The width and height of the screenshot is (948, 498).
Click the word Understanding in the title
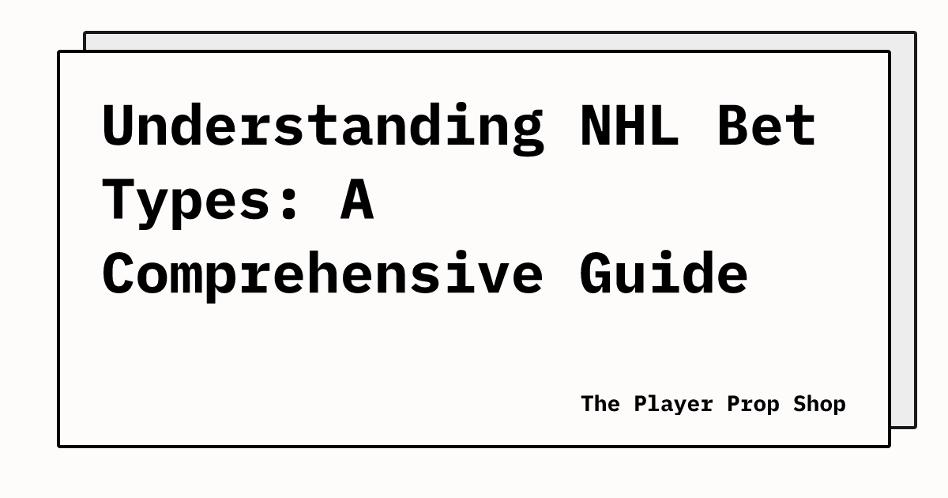click(x=323, y=126)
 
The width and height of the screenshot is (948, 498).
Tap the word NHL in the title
click(x=630, y=126)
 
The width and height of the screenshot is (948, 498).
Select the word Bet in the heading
click(x=766, y=126)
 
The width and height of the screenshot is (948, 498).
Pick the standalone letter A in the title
click(x=357, y=199)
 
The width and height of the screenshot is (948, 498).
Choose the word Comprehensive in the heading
click(x=323, y=274)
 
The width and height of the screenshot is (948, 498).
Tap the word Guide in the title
click(x=664, y=272)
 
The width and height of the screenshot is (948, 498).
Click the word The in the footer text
click(x=600, y=404)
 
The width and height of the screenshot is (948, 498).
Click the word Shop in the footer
click(x=820, y=405)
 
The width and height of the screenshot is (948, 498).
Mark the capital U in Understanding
click(x=120, y=126)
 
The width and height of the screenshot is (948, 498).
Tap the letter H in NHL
click(x=630, y=126)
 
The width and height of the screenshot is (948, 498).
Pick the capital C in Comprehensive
click(x=120, y=274)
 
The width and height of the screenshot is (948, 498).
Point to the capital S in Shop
click(x=800, y=404)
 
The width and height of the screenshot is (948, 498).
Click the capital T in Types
click(x=120, y=199)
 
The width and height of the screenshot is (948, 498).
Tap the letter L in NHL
click(x=664, y=126)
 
